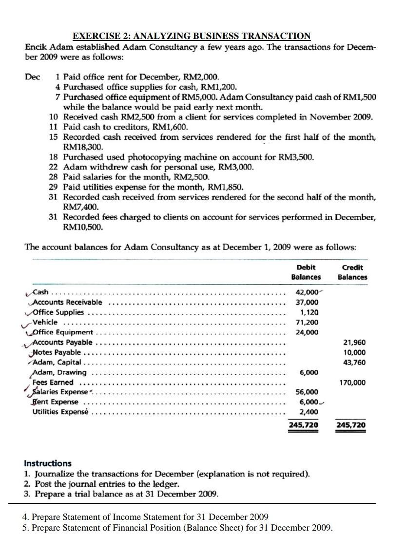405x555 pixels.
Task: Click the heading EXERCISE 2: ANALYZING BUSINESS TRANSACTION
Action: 192,36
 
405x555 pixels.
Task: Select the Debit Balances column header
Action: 306,272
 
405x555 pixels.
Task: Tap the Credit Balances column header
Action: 352,272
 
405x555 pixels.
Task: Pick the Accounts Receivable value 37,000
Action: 307,302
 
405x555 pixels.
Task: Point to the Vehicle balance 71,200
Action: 307,322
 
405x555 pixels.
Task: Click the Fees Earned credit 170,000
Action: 352,383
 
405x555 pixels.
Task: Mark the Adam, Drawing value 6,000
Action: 309,372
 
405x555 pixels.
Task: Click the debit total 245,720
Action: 304,425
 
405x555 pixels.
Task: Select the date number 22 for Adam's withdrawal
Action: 54,167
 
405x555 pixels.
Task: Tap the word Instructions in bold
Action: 48,463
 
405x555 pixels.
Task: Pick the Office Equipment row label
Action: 62,332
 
